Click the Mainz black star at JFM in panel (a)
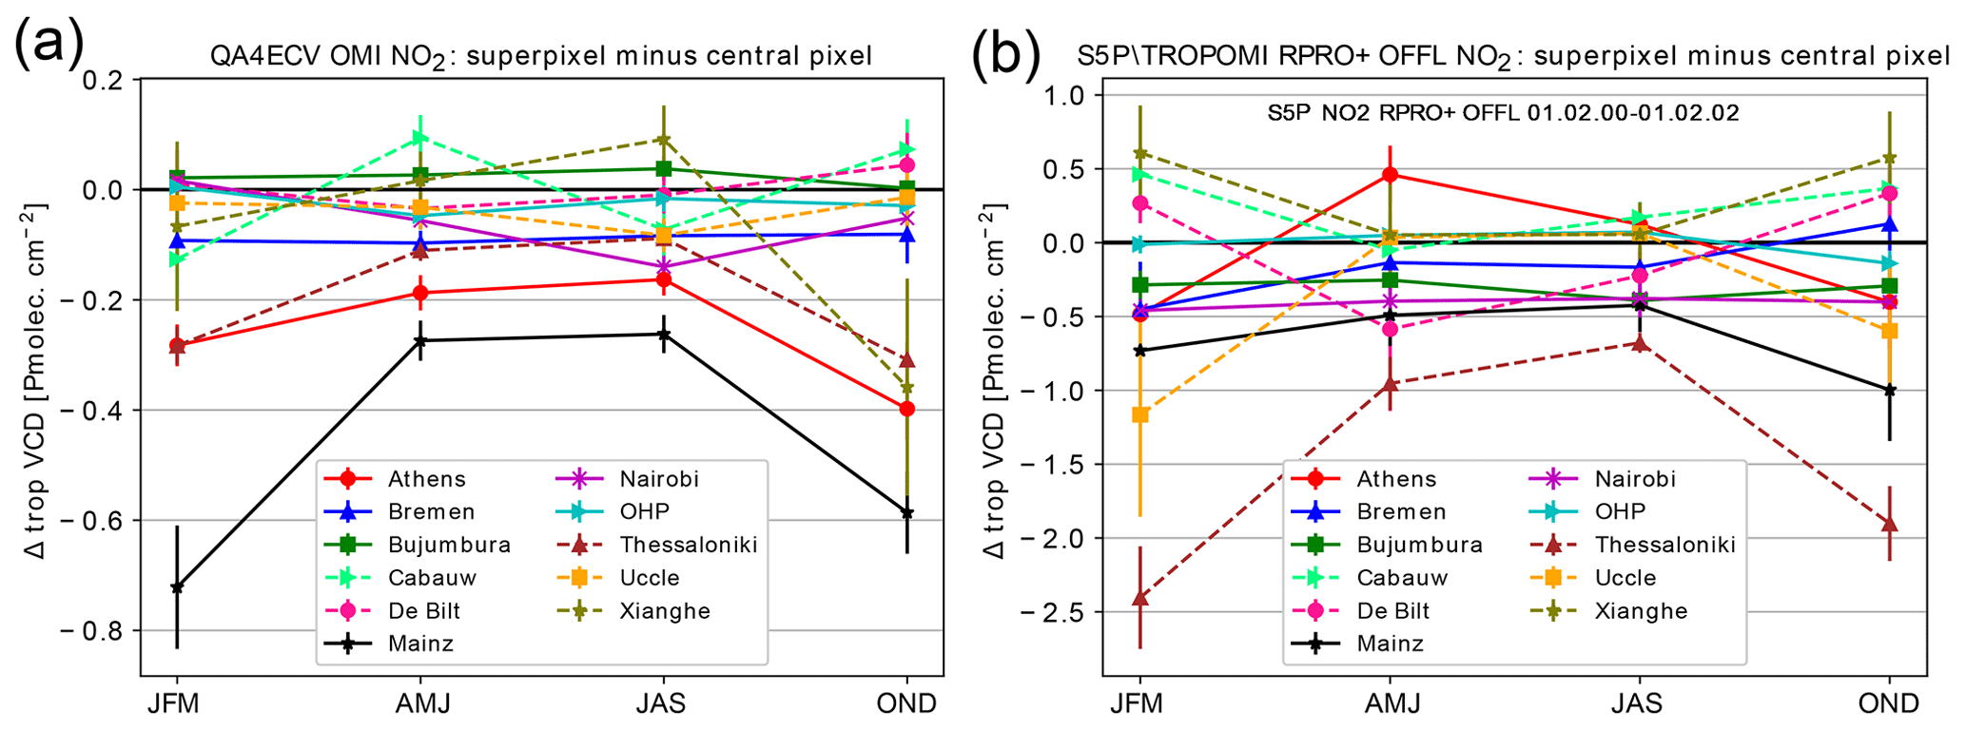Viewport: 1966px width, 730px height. (x=177, y=586)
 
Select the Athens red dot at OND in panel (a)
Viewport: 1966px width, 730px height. (x=906, y=409)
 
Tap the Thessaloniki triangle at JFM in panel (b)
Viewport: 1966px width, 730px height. (x=1139, y=598)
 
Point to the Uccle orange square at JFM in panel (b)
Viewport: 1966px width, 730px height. (x=1139, y=414)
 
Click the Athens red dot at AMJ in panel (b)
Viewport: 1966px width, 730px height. (x=1391, y=174)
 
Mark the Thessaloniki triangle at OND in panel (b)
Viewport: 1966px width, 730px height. (x=1889, y=524)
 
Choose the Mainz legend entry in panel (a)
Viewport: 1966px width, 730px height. (x=420, y=644)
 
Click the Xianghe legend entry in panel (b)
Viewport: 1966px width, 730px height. (x=1641, y=610)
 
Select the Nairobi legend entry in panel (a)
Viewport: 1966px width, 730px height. (x=658, y=479)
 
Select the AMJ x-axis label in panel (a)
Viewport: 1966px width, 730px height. (x=422, y=703)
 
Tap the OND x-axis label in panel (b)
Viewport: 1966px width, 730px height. (x=1889, y=703)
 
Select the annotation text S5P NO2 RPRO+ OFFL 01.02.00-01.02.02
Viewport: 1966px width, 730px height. (x=1503, y=113)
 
